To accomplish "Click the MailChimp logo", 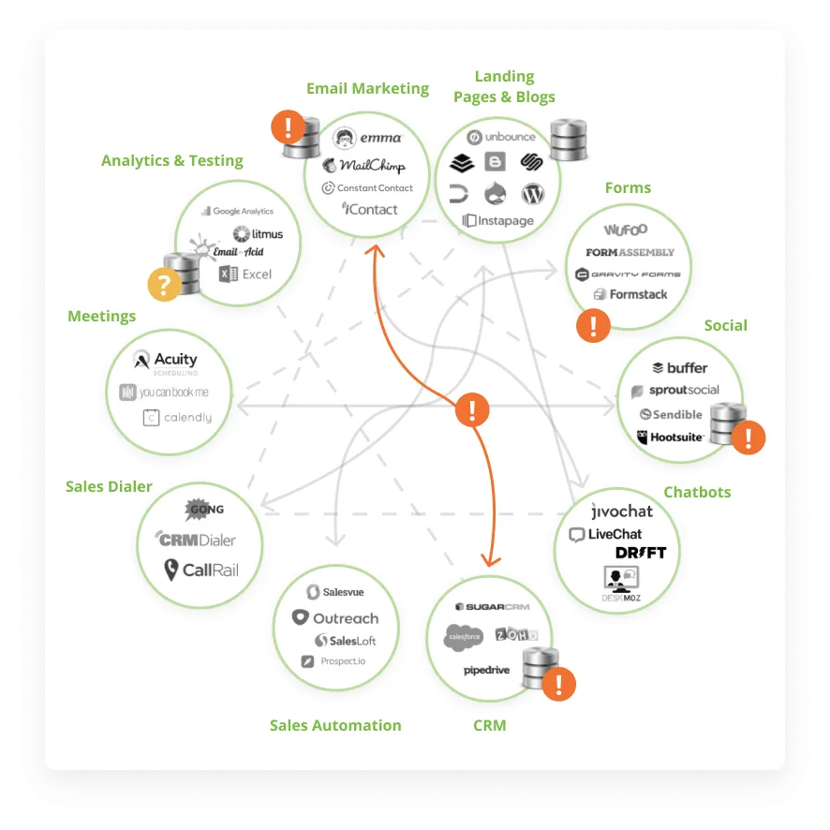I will [364, 166].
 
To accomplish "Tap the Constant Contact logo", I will [367, 188].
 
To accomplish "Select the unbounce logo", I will [501, 137].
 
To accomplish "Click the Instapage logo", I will [497, 221].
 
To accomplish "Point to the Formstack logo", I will [630, 294].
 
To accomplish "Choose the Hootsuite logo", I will [671, 437].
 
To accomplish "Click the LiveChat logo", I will [606, 535].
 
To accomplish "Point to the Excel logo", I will [245, 274].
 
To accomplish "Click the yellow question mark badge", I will [165, 285].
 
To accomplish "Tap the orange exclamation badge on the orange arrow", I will [472, 409].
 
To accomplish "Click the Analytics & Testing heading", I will [172, 160].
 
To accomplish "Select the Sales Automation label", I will [335, 725].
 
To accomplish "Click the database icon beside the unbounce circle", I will [568, 141].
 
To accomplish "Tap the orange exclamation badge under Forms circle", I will [593, 326].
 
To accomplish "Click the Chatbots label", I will [697, 492].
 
